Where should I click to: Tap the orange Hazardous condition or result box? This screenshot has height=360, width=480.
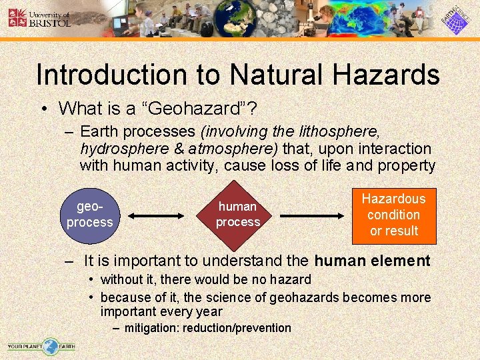coord(393,215)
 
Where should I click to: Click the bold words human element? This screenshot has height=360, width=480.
coord(372,261)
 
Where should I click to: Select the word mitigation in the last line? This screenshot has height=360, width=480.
coord(151,328)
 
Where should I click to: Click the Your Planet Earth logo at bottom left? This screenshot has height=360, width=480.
coord(41,347)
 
